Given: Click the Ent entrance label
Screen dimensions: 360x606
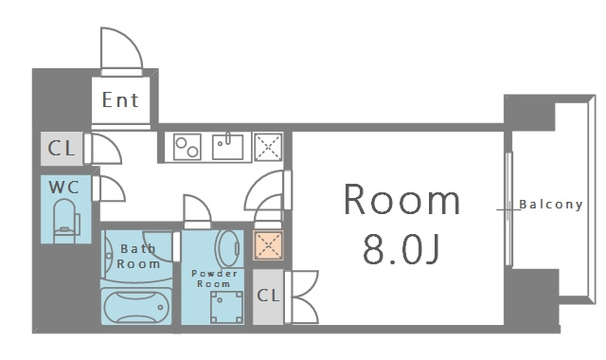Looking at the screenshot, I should tap(120, 99).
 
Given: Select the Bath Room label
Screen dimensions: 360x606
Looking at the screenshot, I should tap(139, 256).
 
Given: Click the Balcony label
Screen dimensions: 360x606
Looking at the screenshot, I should tap(550, 205).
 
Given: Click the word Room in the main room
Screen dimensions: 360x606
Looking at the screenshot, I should tap(401, 201).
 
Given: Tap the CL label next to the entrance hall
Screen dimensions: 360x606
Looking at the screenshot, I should tap(62, 149).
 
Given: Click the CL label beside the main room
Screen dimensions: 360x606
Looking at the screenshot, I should tap(269, 296).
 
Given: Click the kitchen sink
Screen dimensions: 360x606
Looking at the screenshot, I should tap(227, 147).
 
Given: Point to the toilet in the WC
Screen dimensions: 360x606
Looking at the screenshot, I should tap(64, 217).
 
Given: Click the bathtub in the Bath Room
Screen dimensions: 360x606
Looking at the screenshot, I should tap(138, 308).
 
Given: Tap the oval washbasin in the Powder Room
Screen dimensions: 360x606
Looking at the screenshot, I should tap(228, 249).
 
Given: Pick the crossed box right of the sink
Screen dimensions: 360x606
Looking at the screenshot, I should tap(269, 148).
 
